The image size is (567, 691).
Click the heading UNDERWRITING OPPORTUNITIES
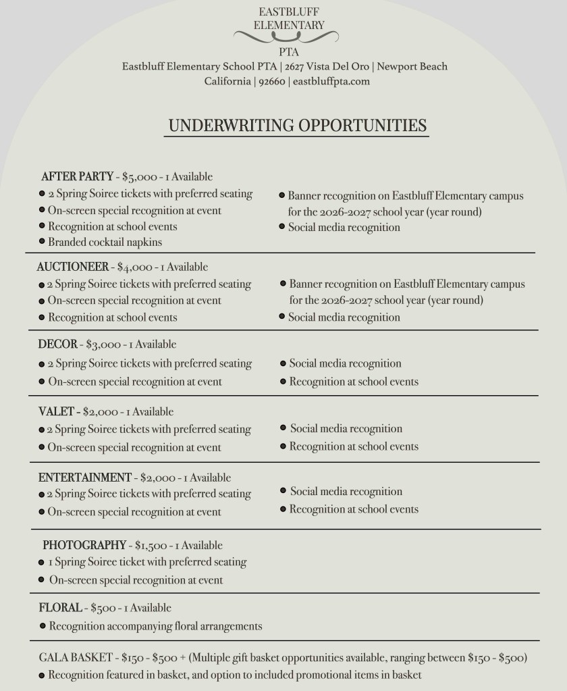click(x=297, y=126)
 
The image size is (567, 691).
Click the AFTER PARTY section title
click(x=77, y=177)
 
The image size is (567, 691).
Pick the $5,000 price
click(x=139, y=177)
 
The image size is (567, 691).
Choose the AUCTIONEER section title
click(x=72, y=267)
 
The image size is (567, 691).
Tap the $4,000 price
click(x=134, y=267)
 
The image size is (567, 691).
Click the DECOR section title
click(x=58, y=344)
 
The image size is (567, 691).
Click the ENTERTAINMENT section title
click(x=85, y=478)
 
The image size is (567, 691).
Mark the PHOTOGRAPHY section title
click(x=84, y=545)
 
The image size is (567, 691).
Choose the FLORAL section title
click(x=60, y=608)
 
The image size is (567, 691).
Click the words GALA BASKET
click(x=76, y=657)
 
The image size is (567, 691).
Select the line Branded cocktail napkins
click(x=105, y=241)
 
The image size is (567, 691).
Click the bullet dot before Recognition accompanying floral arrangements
click(x=43, y=626)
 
